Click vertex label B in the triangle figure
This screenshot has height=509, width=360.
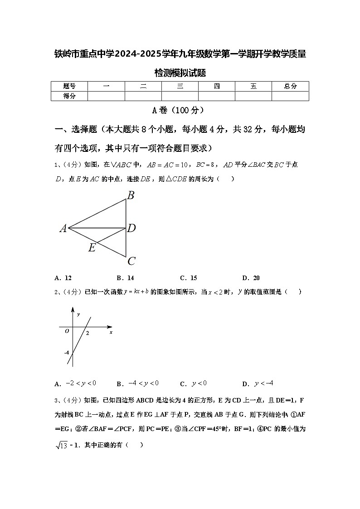(131, 196)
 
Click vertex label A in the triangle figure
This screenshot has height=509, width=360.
(63, 229)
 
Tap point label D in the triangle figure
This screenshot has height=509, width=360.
(131, 228)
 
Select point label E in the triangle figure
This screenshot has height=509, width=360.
(92, 248)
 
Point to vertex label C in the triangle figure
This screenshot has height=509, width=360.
(131, 261)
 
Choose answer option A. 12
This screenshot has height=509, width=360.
(63, 278)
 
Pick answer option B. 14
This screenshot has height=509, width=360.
(126, 278)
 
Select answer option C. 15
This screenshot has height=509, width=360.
(189, 278)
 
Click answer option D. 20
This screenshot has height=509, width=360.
(251, 278)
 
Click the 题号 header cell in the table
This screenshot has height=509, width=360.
(69, 86)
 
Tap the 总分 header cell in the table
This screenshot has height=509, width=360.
(290, 86)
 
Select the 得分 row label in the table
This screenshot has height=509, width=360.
(69, 96)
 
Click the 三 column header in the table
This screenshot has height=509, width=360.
(180, 86)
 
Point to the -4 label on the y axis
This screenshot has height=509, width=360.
(66, 352)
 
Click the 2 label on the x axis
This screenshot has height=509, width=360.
(87, 333)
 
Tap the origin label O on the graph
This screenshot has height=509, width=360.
(67, 331)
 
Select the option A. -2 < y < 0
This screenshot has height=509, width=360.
(75, 383)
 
